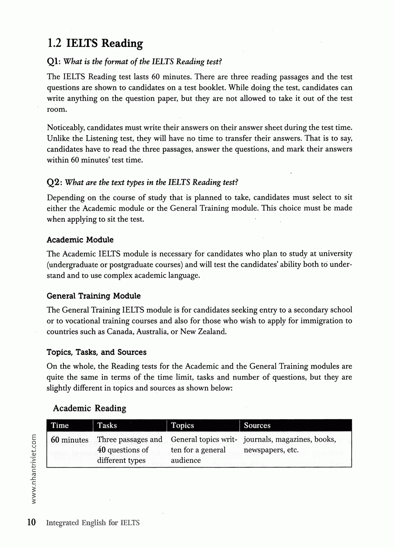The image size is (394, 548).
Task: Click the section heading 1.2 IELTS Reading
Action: (x=95, y=43)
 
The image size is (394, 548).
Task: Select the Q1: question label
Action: (x=54, y=61)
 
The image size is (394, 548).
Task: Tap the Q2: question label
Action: (x=54, y=182)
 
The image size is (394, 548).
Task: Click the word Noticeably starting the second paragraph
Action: (x=65, y=128)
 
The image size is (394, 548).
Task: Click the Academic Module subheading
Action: (x=80, y=240)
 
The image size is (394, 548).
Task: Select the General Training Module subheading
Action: (x=93, y=296)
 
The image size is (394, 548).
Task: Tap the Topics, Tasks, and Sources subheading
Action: (x=97, y=352)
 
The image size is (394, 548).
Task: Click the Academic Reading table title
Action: (x=89, y=408)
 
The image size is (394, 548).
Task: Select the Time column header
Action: (x=60, y=425)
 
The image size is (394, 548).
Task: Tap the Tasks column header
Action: (x=107, y=425)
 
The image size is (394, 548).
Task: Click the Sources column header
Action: (x=257, y=425)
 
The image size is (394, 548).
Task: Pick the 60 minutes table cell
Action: (x=70, y=440)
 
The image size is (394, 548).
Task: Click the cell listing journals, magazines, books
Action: (x=290, y=444)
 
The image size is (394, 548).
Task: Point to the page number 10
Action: (x=32, y=522)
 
